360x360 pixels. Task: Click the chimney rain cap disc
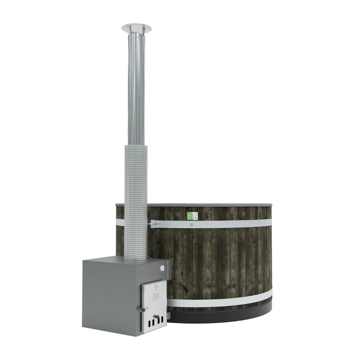(136, 27)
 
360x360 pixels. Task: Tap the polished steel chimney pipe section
(136, 90)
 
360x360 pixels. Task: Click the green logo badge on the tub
(189, 215)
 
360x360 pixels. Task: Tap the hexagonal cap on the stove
(162, 267)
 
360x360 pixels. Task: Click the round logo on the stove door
(156, 286)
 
